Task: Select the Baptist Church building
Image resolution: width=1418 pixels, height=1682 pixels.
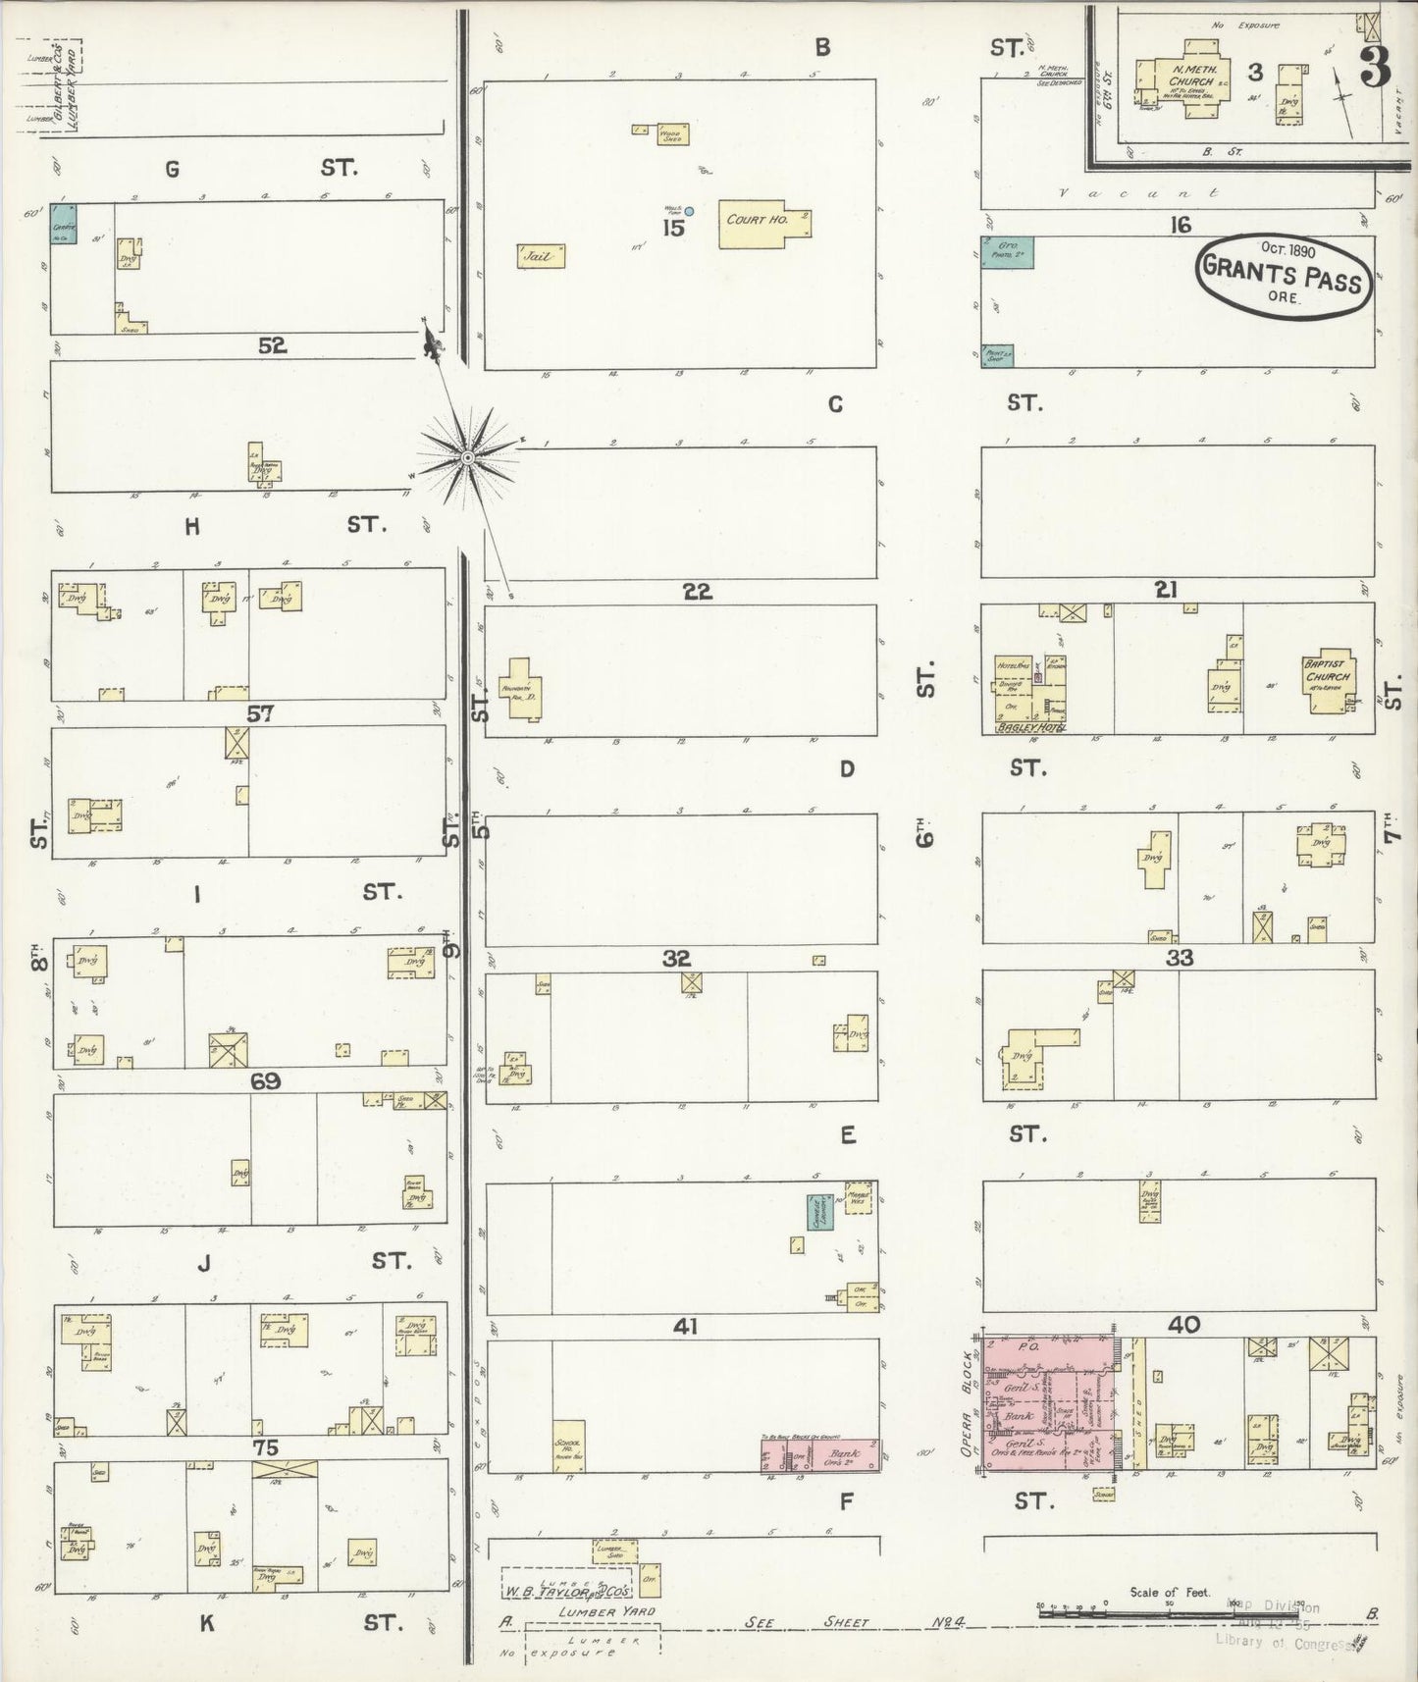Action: [1328, 676]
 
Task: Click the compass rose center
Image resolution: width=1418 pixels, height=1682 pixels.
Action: [468, 457]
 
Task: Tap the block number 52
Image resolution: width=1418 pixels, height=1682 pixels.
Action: [272, 345]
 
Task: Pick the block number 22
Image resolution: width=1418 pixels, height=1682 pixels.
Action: [697, 592]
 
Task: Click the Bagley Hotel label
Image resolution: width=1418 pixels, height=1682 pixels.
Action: [1029, 727]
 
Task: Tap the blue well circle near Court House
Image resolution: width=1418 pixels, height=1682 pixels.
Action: [689, 211]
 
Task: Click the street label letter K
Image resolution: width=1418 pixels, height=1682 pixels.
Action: [207, 1623]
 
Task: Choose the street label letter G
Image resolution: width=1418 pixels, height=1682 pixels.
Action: [172, 170]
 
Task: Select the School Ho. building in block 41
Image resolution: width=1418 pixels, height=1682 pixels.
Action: [569, 1445]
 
